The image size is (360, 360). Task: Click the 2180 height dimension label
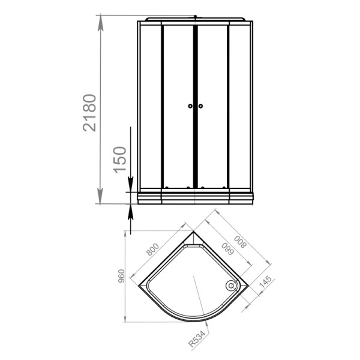89,113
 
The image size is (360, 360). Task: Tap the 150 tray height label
120,160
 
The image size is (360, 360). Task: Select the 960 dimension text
121,276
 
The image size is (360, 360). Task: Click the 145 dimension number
265,282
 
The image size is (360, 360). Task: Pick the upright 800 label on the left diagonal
152,250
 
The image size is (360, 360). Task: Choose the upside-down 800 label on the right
240,242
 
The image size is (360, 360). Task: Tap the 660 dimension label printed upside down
227,249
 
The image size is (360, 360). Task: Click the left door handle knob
190,106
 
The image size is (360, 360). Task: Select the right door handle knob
200,106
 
